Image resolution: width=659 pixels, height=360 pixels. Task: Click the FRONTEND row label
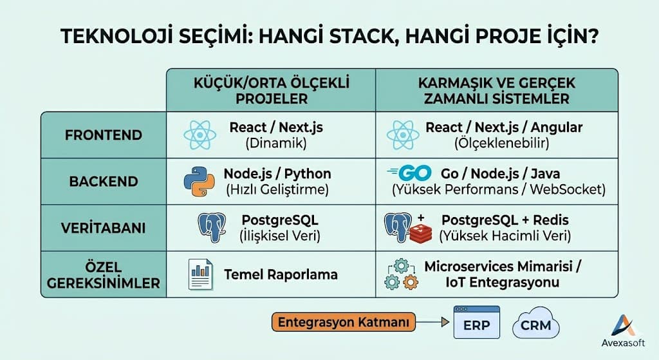(104, 136)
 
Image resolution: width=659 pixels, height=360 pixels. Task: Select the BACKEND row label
(104, 182)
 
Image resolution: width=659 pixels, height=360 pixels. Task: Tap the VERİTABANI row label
(104, 228)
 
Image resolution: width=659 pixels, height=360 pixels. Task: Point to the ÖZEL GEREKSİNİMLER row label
(104, 275)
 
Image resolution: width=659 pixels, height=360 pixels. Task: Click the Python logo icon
(198, 181)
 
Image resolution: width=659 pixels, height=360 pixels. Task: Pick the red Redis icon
(422, 233)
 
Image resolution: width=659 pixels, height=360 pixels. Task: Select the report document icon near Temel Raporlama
(201, 274)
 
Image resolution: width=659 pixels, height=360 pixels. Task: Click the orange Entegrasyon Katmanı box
(343, 322)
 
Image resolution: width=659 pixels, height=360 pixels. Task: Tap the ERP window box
(476, 323)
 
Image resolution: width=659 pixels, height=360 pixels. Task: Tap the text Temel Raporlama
(281, 275)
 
